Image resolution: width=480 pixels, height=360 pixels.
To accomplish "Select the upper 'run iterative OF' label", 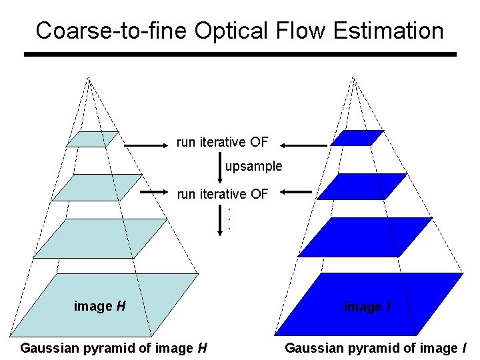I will pyautogui.click(x=222, y=142).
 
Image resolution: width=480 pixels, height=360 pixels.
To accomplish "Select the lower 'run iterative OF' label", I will pyautogui.click(x=222, y=194).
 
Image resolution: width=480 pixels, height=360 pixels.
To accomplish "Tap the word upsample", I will pyautogui.click(x=253, y=166).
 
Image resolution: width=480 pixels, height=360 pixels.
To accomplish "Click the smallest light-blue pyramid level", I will pyautogui.click(x=93, y=139).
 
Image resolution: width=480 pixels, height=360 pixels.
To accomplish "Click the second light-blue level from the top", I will pyautogui.click(x=97, y=187).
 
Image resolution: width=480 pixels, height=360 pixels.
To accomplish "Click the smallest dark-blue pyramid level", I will pyautogui.click(x=357, y=138).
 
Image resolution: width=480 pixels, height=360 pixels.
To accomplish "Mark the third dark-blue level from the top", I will pyautogui.click(x=363, y=238).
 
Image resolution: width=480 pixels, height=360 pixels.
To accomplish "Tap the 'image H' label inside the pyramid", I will pyautogui.click(x=100, y=307).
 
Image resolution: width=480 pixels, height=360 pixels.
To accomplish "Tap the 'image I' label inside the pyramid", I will pyautogui.click(x=363, y=307).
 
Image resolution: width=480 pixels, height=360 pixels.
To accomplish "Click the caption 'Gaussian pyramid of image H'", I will pyautogui.click(x=113, y=347).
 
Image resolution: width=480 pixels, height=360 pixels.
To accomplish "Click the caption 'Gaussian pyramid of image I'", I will pyautogui.click(x=376, y=347).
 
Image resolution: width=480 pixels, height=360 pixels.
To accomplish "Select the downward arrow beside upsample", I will pyautogui.click(x=220, y=167).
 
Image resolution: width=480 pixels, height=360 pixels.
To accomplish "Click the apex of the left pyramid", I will pyautogui.click(x=88, y=79).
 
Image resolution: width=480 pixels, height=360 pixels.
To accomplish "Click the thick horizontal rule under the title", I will pyautogui.click(x=240, y=54).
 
